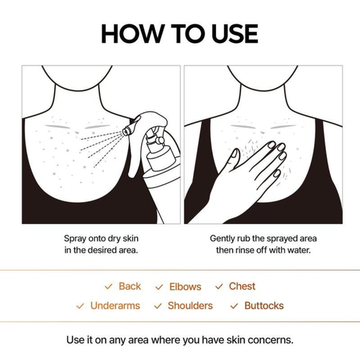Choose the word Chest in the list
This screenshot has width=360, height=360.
tap(242, 287)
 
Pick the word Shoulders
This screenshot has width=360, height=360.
tap(190, 306)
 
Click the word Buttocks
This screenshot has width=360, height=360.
tap(264, 306)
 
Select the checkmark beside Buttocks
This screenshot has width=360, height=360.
tap(233, 306)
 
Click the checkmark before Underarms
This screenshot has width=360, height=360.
tap(81, 306)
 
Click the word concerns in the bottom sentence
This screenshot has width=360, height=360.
tap(272, 339)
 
